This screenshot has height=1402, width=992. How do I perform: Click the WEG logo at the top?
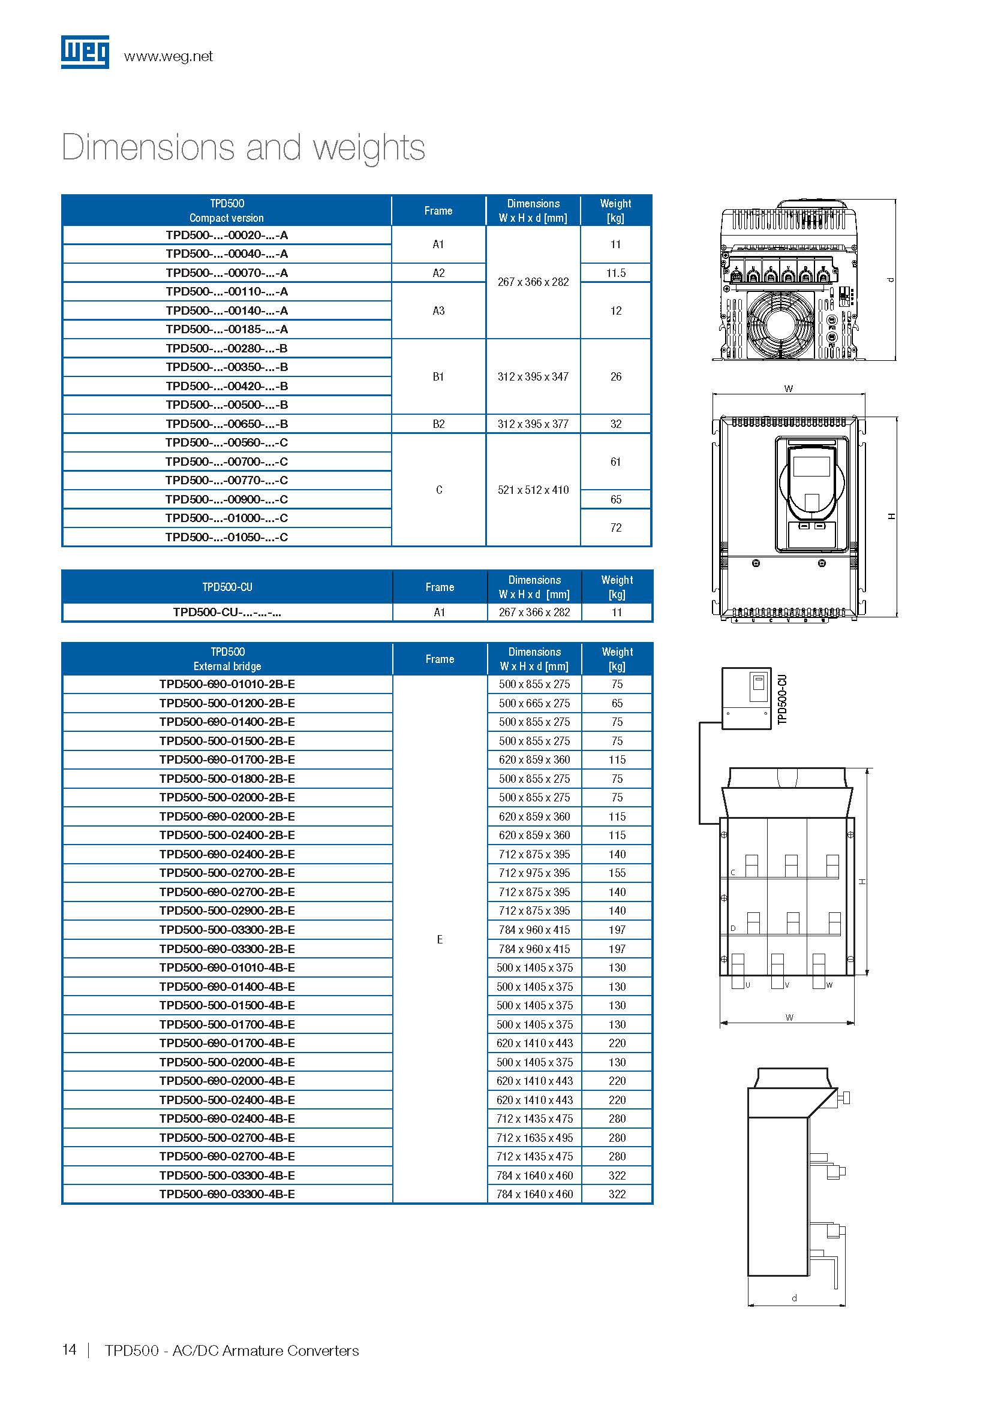click(x=85, y=52)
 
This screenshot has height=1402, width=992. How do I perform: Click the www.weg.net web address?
click(x=168, y=57)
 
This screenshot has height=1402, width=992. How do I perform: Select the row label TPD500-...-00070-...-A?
click(x=227, y=273)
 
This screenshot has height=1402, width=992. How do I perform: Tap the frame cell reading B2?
click(x=438, y=424)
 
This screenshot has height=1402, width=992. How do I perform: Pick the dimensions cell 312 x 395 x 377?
click(x=533, y=424)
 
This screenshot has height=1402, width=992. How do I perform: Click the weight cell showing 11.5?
click(x=616, y=273)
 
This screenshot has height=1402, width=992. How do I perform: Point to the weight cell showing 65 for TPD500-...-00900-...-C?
click(x=616, y=499)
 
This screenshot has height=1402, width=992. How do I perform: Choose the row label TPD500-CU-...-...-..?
click(x=227, y=613)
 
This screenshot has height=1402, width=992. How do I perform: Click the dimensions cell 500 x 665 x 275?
click(x=534, y=704)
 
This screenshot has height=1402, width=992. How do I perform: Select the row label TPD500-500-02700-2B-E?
click(x=227, y=873)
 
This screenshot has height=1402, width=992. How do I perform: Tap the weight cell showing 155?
click(x=617, y=873)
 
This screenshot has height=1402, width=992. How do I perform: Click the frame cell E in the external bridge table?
click(x=440, y=940)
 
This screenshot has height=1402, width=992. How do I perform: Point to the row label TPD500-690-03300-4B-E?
click(x=227, y=1195)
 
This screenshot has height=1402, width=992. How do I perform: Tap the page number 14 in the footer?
click(x=70, y=1350)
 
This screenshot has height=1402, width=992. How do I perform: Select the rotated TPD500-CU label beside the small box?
click(x=783, y=699)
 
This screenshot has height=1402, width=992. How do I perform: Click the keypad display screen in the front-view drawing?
click(x=811, y=466)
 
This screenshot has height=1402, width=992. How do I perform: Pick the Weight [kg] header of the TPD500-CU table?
click(x=617, y=587)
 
